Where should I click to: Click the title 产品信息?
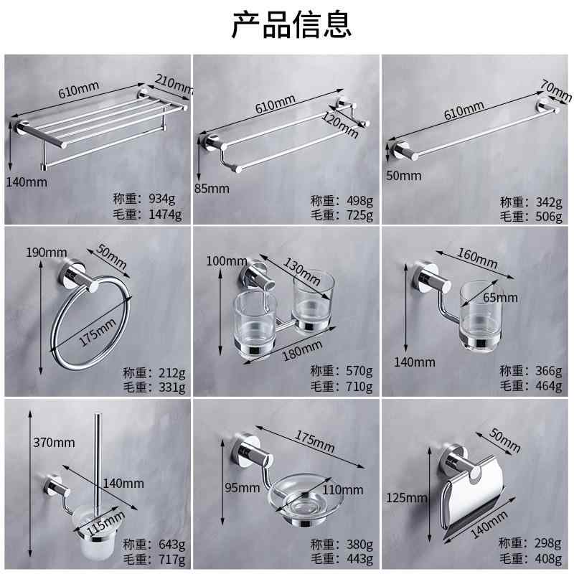(291, 24)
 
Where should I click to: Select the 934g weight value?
(162, 199)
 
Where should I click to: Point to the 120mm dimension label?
(340, 125)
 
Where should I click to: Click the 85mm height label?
(212, 189)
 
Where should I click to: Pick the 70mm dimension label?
(556, 90)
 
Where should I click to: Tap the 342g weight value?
(549, 202)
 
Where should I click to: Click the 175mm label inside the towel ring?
(98, 332)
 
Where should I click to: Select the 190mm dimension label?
(47, 253)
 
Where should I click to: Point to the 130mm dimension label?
(302, 272)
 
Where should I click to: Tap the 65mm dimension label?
(500, 298)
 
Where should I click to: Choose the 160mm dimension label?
(477, 258)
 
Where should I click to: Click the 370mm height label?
(54, 443)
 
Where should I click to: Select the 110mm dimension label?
(343, 490)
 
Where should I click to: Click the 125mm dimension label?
(406, 497)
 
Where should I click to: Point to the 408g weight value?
(548, 559)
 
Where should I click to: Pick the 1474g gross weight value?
(165, 214)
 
